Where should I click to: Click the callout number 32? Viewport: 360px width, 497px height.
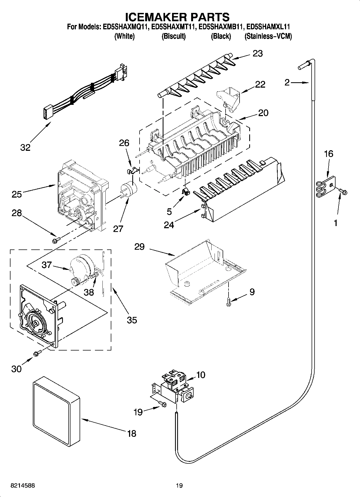[25, 147]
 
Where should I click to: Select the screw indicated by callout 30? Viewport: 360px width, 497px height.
[37, 353]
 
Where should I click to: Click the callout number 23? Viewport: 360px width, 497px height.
[258, 53]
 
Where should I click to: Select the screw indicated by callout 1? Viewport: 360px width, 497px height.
[343, 191]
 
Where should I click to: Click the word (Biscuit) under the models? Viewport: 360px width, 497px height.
[173, 36]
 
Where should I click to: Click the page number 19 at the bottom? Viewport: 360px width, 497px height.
[179, 486]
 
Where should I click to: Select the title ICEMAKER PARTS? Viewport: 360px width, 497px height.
[177, 17]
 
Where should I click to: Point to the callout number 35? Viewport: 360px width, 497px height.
[132, 320]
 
